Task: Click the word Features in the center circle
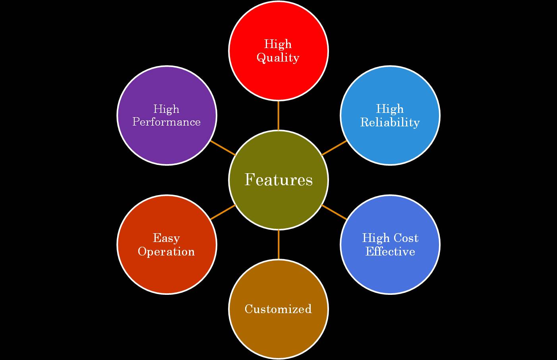point(278,180)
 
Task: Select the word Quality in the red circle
point(278,58)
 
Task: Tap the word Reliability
point(390,122)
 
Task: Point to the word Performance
point(166,122)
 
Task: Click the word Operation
point(166,252)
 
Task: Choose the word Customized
point(278,309)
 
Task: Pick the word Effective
point(390,252)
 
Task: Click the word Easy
point(166,238)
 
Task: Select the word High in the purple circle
point(166,109)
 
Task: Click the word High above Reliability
point(390,108)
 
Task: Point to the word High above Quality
point(278,44)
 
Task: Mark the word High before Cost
point(375,238)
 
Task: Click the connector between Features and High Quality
point(278,115)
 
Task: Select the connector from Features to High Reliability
point(334,147)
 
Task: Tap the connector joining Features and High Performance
point(222,147)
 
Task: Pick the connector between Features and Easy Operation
point(222,212)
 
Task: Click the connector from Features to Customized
point(278,244)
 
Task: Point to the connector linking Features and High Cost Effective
point(334,212)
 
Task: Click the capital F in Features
point(249,180)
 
